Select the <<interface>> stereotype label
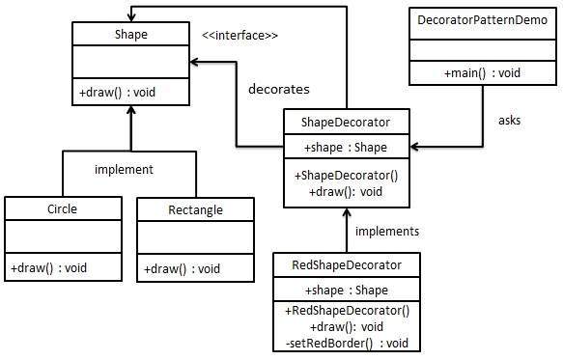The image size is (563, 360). (239, 36)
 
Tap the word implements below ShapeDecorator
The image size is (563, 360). (387, 232)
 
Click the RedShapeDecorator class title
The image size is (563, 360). (347, 263)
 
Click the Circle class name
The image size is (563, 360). (62, 208)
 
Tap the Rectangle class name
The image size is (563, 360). (195, 209)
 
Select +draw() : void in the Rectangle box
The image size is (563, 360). (183, 267)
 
